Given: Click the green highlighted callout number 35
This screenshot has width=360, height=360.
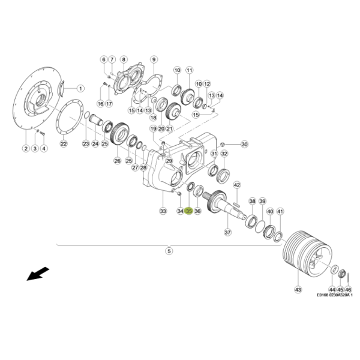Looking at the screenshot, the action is pos(189,211).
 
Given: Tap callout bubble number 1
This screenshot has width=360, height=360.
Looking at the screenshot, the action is pos(80,88).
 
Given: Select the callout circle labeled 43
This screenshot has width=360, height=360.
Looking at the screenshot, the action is pos(298,290).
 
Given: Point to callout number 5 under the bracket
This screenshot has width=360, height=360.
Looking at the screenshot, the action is pos(169,251).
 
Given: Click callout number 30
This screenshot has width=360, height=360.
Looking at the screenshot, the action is pos(245,144).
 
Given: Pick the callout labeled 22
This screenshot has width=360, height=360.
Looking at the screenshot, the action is pos(64,144).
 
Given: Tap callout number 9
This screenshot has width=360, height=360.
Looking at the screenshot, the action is pos(154,59).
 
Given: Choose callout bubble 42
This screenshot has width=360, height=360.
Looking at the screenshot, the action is pos(237,185).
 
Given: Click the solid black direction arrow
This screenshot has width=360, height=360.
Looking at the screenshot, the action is pos(38,274).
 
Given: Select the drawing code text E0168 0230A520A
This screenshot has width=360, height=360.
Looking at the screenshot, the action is pos(333,295).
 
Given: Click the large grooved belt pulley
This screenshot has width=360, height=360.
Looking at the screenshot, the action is pos(307,254).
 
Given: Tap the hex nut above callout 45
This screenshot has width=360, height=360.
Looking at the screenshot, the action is pos(341,274).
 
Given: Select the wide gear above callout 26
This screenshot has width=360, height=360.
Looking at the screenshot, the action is pos(119,134).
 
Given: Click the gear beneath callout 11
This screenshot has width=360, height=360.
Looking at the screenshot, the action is pos(188,97).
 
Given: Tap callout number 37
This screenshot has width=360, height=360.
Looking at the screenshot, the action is pos(227,232).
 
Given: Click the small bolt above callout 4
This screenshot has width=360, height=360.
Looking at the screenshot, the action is pos(43,133).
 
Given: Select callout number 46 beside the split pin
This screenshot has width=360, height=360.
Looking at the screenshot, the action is pos(348,290).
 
